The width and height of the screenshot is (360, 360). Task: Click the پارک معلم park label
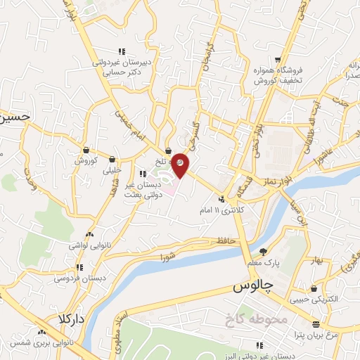264,262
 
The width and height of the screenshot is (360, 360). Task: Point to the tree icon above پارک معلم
263,252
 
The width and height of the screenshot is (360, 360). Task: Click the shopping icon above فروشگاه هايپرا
280,59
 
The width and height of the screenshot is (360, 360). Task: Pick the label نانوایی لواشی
87,245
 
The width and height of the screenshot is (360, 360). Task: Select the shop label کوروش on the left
85,160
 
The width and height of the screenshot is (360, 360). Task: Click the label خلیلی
112,169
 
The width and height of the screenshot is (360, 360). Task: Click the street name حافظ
225,241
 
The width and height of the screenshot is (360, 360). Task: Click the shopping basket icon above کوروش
86,149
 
